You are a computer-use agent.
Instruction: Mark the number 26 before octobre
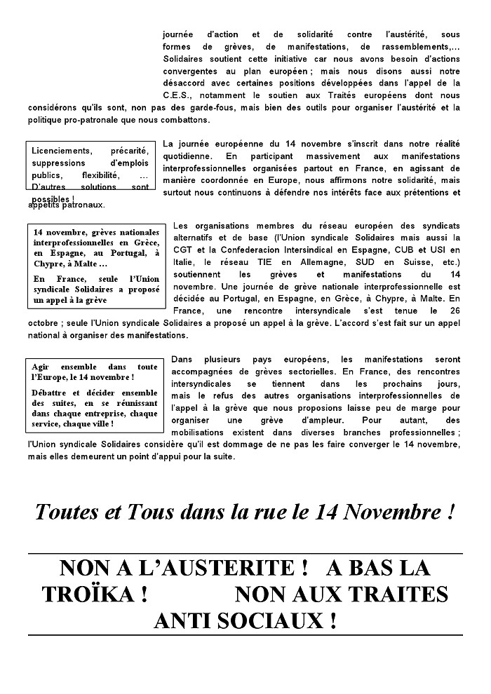point(453,311)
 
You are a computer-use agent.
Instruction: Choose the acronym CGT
point(182,251)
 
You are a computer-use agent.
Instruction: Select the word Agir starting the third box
point(43,367)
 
